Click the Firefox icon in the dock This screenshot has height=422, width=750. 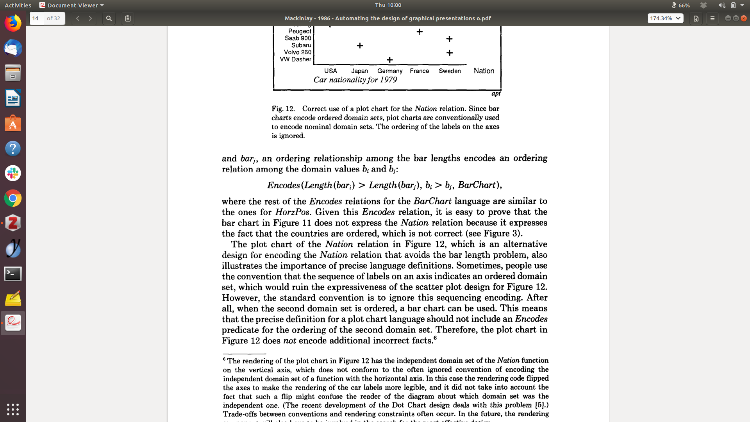pos(13,23)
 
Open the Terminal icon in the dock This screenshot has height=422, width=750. pos(13,274)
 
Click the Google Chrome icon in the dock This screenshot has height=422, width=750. pos(13,198)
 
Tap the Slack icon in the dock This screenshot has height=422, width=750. pos(13,173)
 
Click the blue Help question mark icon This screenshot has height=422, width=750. pos(13,148)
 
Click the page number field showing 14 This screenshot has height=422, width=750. pos(36,18)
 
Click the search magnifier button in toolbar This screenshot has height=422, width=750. pos(109,18)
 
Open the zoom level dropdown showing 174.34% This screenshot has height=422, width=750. pos(665,18)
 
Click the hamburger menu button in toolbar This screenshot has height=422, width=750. pos(712,18)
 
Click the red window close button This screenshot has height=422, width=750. pos(744,18)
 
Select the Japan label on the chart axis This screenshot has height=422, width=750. pos(359,71)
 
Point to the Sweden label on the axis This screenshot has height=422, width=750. pos(450,71)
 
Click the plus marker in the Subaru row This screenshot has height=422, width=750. pos(360,46)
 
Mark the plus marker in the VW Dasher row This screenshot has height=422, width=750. pos(389,60)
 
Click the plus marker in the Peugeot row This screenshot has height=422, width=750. pos(420,32)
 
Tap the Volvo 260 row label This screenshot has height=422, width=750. pos(298,52)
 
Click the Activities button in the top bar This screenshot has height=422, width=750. pos(18,5)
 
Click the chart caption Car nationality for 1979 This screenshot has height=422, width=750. pos(355,80)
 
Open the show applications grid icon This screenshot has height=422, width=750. pos(13,409)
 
